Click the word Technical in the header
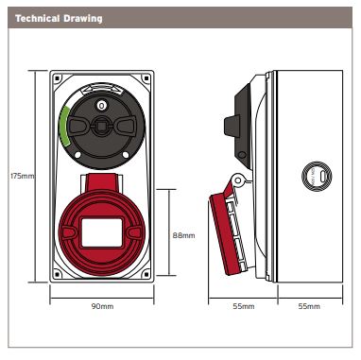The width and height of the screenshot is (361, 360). (37, 18)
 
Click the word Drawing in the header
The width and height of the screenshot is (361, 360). (83, 19)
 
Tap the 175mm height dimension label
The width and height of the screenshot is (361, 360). (22, 176)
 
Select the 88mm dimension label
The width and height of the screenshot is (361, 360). (183, 235)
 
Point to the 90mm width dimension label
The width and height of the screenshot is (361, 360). (102, 306)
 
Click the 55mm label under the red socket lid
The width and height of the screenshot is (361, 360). (243, 306)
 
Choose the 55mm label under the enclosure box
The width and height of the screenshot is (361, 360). (309, 306)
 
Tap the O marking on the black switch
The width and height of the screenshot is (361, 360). (101, 106)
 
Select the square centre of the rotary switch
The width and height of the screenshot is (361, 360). (101, 126)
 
